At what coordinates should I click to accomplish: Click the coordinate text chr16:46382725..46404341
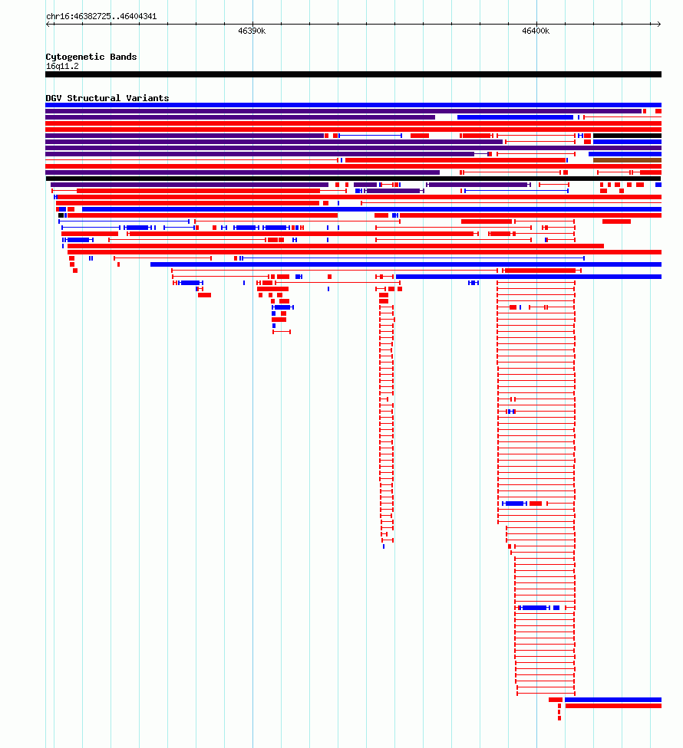pyautogui.click(x=101, y=16)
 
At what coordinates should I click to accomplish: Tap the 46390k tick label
pyautogui.click(x=252, y=31)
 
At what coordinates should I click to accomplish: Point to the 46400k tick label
pyautogui.click(x=536, y=31)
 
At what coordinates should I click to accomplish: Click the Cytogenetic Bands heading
pyautogui.click(x=91, y=57)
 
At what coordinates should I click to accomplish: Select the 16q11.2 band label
pyautogui.click(x=62, y=67)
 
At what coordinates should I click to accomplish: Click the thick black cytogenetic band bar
pyautogui.click(x=354, y=74)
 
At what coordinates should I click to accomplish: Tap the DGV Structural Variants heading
pyautogui.click(x=107, y=98)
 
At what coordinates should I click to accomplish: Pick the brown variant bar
pyautogui.click(x=627, y=160)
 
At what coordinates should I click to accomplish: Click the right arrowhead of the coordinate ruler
pyautogui.click(x=659, y=24)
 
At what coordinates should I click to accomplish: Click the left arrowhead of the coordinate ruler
pyautogui.click(x=48, y=24)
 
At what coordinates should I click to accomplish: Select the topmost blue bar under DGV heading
pyautogui.click(x=354, y=105)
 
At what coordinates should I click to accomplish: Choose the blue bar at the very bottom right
pyautogui.click(x=613, y=700)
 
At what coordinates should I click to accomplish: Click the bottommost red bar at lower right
pyautogui.click(x=613, y=706)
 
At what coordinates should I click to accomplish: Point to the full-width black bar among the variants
pyautogui.click(x=354, y=179)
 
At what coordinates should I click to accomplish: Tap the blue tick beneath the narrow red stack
pyautogui.click(x=384, y=546)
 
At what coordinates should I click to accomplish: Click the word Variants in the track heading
pyautogui.click(x=147, y=98)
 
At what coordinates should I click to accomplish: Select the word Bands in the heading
pyautogui.click(x=124, y=57)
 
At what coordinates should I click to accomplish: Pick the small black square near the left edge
pyautogui.click(x=61, y=215)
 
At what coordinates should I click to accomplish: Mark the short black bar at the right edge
pyautogui.click(x=627, y=136)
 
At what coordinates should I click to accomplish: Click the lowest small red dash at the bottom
pyautogui.click(x=559, y=718)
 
